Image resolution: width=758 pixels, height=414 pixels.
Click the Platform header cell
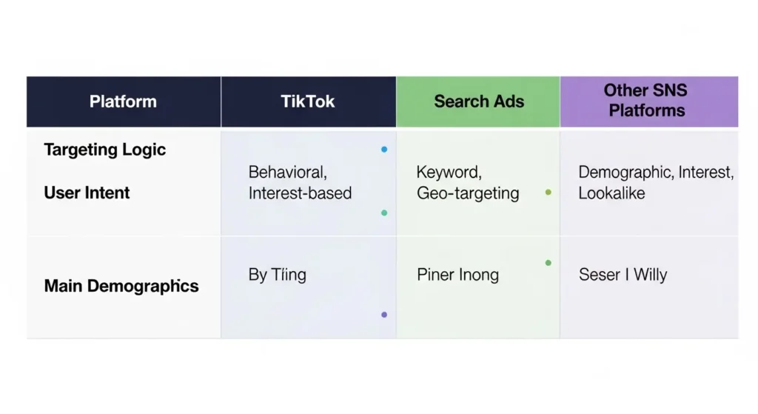(x=123, y=101)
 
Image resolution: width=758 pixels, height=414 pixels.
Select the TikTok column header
(x=308, y=101)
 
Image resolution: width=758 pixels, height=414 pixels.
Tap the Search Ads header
(x=479, y=101)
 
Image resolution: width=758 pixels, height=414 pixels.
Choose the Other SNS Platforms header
(x=645, y=101)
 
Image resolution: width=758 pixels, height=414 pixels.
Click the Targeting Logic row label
(x=105, y=150)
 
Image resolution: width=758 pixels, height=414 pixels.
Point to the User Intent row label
(x=87, y=193)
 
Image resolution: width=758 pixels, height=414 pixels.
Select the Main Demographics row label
(x=121, y=286)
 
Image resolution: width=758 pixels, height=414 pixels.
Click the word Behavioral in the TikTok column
(x=287, y=173)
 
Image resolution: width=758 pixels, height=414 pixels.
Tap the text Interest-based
(x=300, y=193)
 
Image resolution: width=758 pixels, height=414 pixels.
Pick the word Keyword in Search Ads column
(x=449, y=173)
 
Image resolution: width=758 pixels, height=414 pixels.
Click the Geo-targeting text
(x=468, y=193)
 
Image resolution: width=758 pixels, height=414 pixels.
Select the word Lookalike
(x=611, y=193)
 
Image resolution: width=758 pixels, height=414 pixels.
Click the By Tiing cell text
(x=277, y=276)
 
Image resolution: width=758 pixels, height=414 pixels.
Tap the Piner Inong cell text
(x=457, y=276)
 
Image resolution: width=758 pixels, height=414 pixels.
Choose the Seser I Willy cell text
(x=623, y=276)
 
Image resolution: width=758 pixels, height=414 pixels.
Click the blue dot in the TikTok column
(x=383, y=150)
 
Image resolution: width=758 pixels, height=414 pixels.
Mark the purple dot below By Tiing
(x=383, y=315)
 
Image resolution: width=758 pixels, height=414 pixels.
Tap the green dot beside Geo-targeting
(x=548, y=193)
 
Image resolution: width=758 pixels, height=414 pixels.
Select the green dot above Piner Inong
(x=548, y=263)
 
